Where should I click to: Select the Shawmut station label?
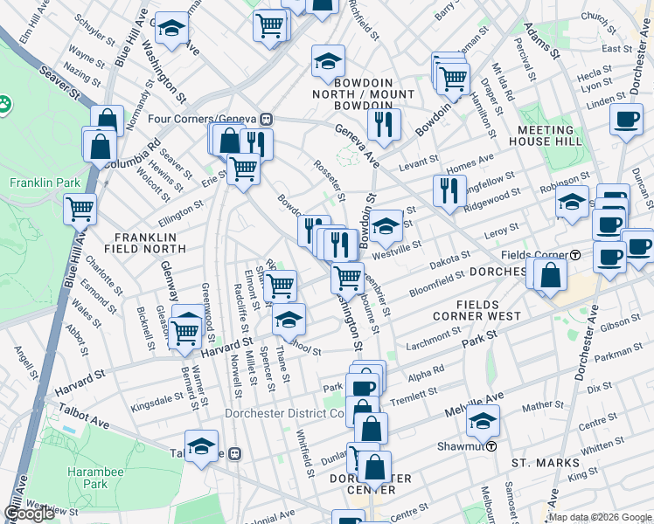click(467, 446)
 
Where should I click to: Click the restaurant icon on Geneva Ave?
click(384, 124)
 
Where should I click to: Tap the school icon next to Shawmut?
click(483, 422)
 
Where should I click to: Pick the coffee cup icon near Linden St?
click(626, 120)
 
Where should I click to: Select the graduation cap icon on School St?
click(289, 320)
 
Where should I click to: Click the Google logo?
click(30, 514)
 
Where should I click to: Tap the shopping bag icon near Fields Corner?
click(551, 275)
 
